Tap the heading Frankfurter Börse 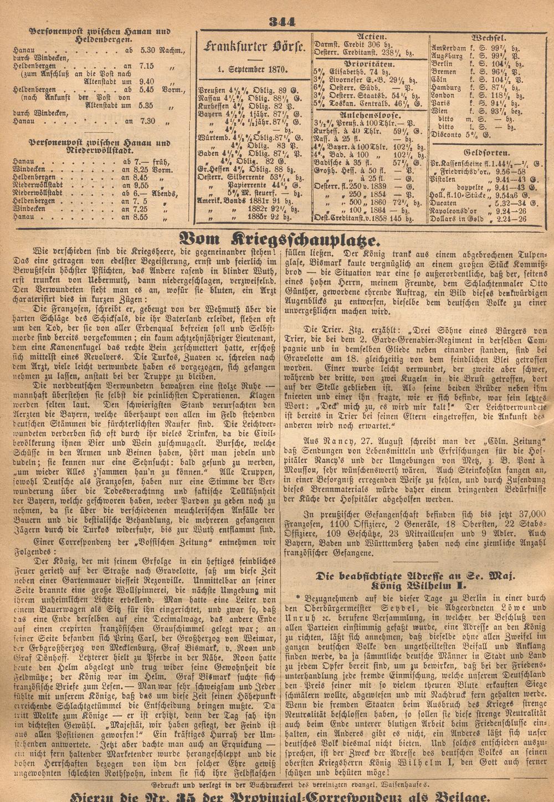pyautogui.click(x=254, y=48)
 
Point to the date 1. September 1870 pyautogui.click(x=254, y=69)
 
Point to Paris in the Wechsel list pyautogui.click(x=442, y=103)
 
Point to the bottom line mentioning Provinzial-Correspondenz pyautogui.click(x=277, y=796)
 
